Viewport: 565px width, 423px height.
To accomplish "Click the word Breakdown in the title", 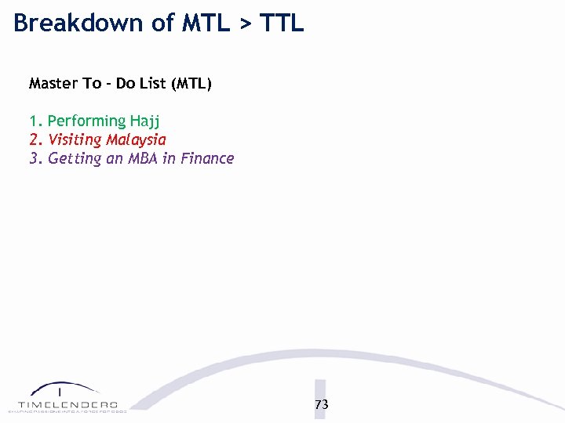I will pos(79,23).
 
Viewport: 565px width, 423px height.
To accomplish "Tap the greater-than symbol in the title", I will pos(246,24).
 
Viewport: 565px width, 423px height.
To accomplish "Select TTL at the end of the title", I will pos(282,23).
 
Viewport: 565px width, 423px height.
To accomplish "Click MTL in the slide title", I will pos(206,23).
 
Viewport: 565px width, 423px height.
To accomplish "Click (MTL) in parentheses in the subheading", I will pos(193,84).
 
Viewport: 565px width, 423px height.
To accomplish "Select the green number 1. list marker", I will pos(36,121).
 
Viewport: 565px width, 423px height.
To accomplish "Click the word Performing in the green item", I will pos(86,121).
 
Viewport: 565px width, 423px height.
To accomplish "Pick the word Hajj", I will pos(145,122).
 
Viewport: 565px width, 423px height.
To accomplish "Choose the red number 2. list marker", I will pos(36,140).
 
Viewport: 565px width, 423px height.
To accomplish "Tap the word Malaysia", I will pos(137,141).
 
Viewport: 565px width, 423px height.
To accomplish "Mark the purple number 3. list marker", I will pos(36,159).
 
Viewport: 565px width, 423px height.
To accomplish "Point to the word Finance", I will pos(206,158).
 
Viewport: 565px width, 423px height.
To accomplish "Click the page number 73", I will pos(321,405).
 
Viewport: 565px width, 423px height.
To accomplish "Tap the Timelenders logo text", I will pos(67,403).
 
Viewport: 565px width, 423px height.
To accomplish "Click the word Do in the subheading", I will pos(126,83).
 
